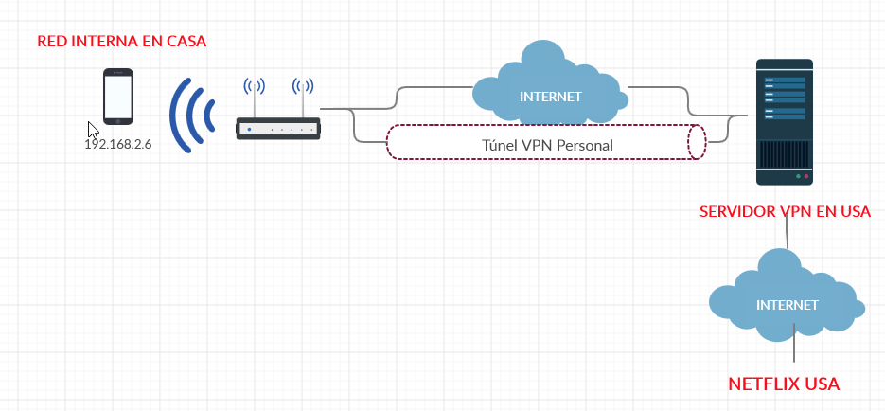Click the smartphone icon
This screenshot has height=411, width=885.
tap(118, 97)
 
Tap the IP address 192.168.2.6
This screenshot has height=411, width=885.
tap(118, 144)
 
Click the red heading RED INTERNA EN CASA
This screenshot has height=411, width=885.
tap(122, 42)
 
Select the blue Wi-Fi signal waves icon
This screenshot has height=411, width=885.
tap(192, 116)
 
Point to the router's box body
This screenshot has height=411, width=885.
tap(278, 129)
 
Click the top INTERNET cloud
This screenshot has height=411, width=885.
tap(550, 84)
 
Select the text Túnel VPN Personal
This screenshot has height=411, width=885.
tap(547, 146)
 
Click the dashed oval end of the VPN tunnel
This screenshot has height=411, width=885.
tap(697, 142)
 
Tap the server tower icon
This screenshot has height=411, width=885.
tap(785, 122)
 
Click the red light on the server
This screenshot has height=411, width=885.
tap(806, 177)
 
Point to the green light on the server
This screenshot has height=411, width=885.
tap(798, 177)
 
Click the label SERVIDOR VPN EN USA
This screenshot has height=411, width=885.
tap(785, 212)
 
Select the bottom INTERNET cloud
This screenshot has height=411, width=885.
tap(787, 296)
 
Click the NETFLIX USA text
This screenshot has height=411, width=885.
tap(784, 384)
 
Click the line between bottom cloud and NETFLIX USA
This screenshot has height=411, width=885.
tap(794, 343)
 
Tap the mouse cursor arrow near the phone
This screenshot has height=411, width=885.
tap(93, 131)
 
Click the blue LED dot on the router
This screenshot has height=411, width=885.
tap(249, 130)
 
